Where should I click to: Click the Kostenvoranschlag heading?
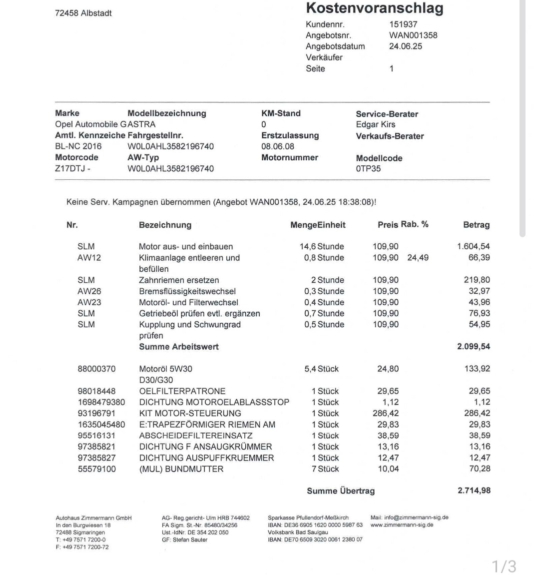click(374, 8)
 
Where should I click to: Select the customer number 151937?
click(403, 24)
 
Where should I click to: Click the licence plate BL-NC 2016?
click(78, 146)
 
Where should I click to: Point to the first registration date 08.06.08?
click(278, 146)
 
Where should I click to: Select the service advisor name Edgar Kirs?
click(375, 124)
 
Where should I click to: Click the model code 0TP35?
click(368, 168)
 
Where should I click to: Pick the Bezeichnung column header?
click(165, 225)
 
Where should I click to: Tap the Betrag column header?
click(476, 225)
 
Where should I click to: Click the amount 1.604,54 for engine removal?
click(473, 246)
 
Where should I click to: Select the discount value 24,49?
click(418, 258)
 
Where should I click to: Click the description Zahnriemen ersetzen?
click(179, 280)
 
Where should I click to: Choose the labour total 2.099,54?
click(473, 347)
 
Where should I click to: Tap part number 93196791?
click(96, 414)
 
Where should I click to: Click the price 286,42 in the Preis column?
click(386, 414)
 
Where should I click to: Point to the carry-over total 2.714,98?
click(474, 491)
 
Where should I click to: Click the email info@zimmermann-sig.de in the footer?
click(409, 518)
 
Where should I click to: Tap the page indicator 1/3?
click(504, 566)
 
